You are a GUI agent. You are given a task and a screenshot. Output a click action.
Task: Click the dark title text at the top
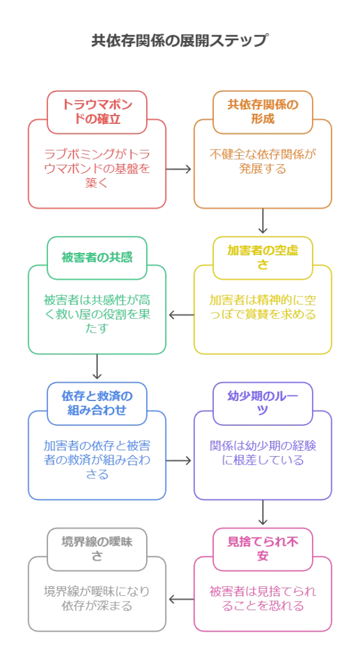pyautogui.click(x=177, y=39)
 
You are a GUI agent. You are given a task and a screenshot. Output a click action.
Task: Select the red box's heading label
pyautogui.click(x=97, y=110)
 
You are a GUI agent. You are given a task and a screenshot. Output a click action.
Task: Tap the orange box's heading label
pyautogui.click(x=262, y=110)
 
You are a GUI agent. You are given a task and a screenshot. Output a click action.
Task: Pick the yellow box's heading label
pyautogui.click(x=262, y=255)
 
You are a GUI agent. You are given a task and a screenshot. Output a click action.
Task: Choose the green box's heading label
pyautogui.click(x=97, y=258)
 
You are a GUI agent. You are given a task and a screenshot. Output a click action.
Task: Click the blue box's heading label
pyautogui.click(x=97, y=402)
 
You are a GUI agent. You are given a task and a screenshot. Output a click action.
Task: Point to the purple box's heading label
pyautogui.click(x=262, y=402)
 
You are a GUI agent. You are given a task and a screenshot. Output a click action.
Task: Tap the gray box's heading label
pyautogui.click(x=97, y=548)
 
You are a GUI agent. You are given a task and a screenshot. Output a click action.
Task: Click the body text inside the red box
pyautogui.click(x=97, y=169)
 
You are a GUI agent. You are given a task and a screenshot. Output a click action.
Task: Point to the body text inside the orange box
pyautogui.click(x=262, y=161)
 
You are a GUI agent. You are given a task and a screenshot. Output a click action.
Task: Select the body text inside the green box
pyautogui.click(x=97, y=314)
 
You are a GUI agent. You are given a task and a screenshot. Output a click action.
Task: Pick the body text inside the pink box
pyautogui.click(x=262, y=600)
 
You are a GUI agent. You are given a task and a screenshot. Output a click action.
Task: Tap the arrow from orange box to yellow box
pyautogui.click(x=262, y=227)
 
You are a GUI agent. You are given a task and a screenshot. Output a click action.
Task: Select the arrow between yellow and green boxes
pyautogui.click(x=180, y=314)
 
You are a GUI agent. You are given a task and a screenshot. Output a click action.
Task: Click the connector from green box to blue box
pyautogui.click(x=97, y=367)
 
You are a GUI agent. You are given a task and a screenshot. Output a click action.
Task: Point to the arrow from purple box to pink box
pyautogui.click(x=262, y=513)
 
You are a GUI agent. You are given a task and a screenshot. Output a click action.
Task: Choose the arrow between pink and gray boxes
pyautogui.click(x=180, y=600)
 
